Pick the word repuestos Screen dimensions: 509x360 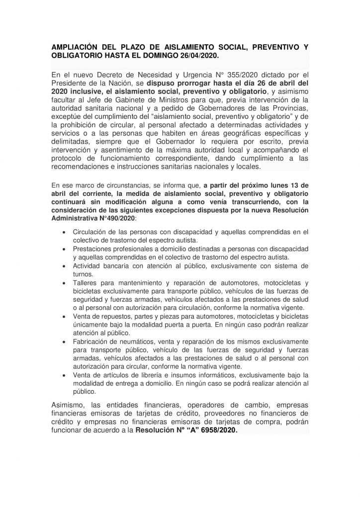coord(109,317)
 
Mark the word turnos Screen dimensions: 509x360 coord(83,274)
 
